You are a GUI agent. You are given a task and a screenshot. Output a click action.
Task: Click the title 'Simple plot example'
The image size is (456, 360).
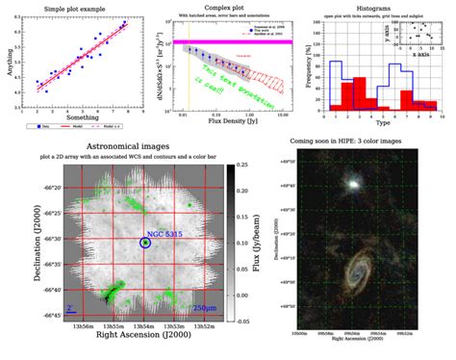point(80,7)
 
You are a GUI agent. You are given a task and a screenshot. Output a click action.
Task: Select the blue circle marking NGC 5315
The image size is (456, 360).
point(144,244)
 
